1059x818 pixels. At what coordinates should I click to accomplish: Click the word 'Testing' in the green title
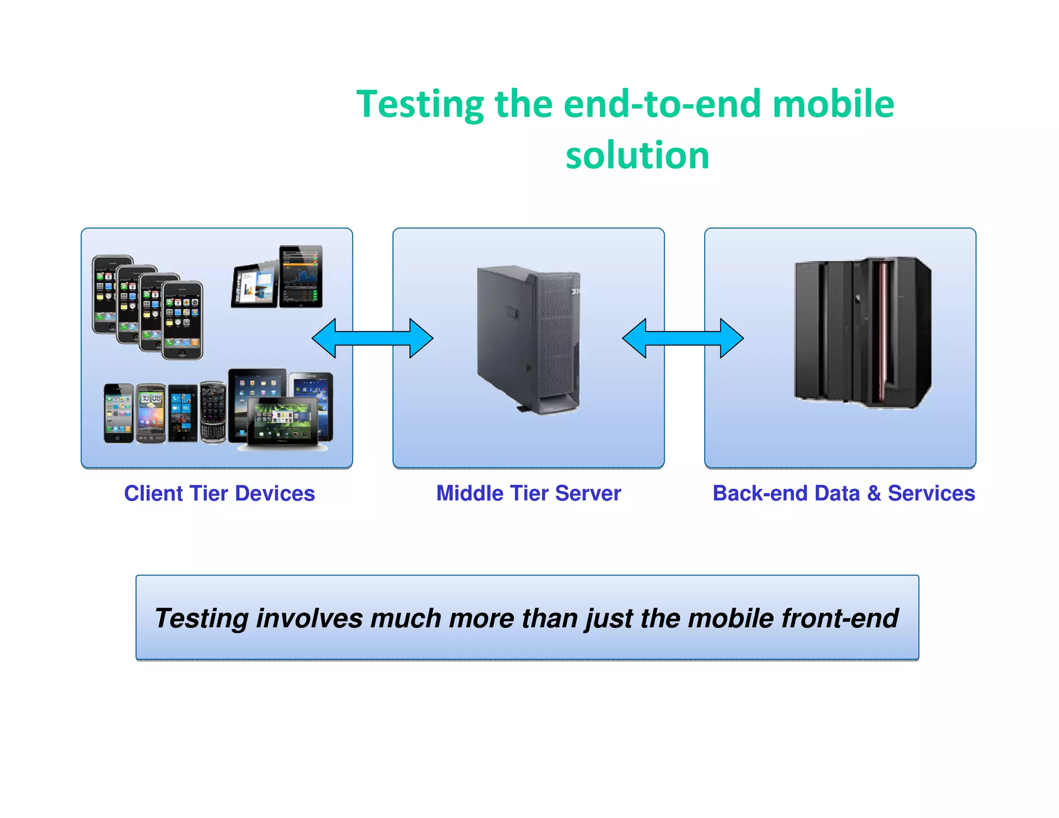(x=420, y=105)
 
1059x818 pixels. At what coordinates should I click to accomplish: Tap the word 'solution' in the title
(x=637, y=155)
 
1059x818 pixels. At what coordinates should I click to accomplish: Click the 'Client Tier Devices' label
(x=219, y=493)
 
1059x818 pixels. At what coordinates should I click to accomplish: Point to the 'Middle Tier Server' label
(x=528, y=493)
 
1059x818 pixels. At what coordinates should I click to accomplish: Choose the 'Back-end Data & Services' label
(x=843, y=493)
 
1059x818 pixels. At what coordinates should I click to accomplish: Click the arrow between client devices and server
(x=372, y=338)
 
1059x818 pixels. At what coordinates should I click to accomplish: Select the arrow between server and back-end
(x=683, y=338)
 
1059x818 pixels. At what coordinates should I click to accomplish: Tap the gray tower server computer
(x=528, y=339)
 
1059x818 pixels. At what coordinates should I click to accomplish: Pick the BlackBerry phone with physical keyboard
(x=213, y=412)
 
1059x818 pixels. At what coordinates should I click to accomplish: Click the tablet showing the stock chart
(x=300, y=276)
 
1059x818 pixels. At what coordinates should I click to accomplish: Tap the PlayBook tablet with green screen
(x=282, y=421)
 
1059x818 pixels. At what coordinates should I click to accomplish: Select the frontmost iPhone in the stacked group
(x=182, y=320)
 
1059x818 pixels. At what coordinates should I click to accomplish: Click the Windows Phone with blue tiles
(x=183, y=413)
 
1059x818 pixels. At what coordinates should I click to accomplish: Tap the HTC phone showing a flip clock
(x=151, y=413)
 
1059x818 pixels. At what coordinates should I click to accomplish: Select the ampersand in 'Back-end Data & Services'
(x=874, y=493)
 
